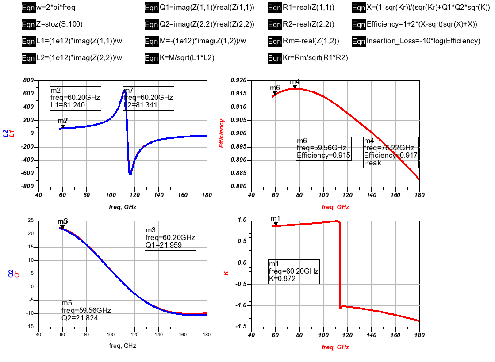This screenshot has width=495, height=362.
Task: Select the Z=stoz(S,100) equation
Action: (x=60, y=24)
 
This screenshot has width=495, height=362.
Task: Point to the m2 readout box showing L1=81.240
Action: (x=75, y=98)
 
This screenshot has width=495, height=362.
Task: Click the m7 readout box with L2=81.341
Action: (x=148, y=98)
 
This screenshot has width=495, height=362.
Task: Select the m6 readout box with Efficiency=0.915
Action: (x=323, y=148)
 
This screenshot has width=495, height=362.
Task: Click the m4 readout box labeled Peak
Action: (x=391, y=152)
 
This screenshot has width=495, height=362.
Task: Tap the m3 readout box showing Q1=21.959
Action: (x=170, y=238)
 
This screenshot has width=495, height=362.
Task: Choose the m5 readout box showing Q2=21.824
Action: (x=86, y=310)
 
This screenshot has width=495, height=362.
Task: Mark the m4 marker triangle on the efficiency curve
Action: (x=295, y=87)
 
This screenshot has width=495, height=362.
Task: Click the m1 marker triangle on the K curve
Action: (x=276, y=224)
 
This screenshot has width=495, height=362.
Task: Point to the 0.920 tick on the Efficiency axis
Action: (x=239, y=80)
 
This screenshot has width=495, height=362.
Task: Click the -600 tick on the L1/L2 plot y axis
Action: (x=27, y=174)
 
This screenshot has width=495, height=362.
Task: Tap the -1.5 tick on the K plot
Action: (x=242, y=326)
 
